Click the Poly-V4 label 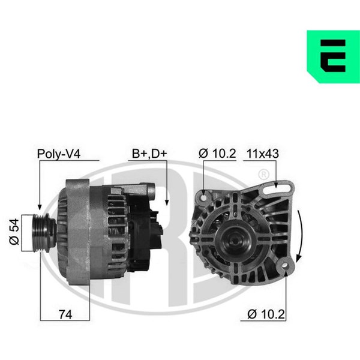tap(59, 154)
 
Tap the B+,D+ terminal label tap(149, 154)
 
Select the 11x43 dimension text tap(263, 154)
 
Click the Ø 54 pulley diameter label tap(14, 232)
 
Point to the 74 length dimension tap(65, 314)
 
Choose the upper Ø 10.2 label tap(217, 154)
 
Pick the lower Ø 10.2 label tap(266, 314)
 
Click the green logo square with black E tap(334, 56)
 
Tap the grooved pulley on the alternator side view tap(44, 233)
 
